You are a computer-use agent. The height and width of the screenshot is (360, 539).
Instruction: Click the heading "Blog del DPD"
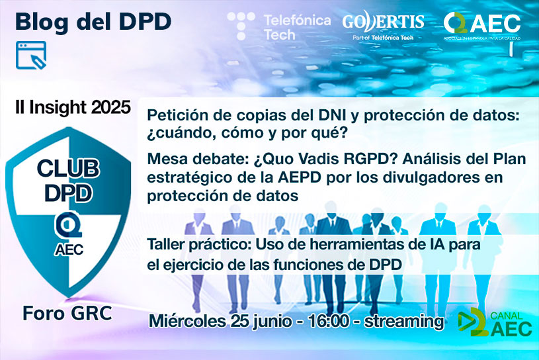[x=93, y=22]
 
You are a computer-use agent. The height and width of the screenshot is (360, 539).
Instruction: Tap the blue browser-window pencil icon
[x=31, y=55]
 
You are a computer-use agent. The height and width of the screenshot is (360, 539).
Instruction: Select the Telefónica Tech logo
[x=279, y=27]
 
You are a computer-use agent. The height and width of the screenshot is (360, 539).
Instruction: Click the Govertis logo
[x=383, y=27]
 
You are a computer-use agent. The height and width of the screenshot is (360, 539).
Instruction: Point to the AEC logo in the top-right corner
[x=482, y=26]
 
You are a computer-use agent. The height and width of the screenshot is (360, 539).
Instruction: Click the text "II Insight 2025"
[x=73, y=107]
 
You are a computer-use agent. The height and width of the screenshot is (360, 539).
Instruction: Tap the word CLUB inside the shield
[x=68, y=169]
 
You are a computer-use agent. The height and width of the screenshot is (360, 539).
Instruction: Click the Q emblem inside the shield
[x=69, y=224]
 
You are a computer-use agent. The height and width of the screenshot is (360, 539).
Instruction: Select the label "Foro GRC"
[x=67, y=313]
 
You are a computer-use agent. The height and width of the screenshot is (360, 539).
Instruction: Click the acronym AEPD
[x=300, y=177]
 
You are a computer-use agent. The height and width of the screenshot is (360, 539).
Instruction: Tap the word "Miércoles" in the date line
[x=187, y=322]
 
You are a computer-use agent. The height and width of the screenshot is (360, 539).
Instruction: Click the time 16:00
[x=329, y=322]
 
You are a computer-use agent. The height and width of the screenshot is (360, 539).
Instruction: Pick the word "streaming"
[x=404, y=322]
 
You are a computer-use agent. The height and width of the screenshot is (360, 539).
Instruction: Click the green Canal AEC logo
[x=495, y=322]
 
